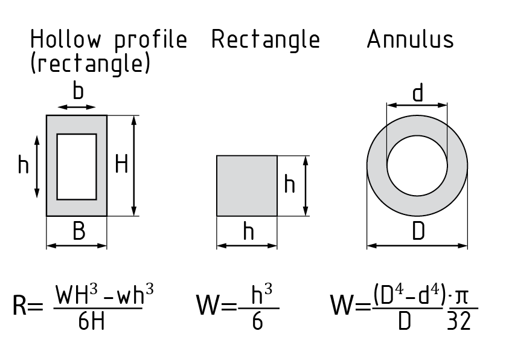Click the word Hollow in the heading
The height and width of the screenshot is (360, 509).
pos(67,40)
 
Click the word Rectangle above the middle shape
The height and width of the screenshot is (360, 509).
pos(265,40)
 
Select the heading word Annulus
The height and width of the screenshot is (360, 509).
pos(410,40)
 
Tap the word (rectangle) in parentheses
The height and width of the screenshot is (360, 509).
pos(90,63)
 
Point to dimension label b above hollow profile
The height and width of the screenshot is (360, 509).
pos(78,92)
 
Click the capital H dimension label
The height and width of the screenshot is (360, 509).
pos(121,164)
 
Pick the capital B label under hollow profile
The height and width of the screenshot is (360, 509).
pos(78,232)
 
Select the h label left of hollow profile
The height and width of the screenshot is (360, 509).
pos(23,164)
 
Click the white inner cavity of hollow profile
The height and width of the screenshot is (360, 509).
pos(77,167)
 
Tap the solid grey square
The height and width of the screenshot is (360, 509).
pos(247,185)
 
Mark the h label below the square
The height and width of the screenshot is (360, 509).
pos(248,231)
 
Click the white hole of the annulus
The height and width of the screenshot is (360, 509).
pos(417,164)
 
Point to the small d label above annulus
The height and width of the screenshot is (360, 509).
pos(417,94)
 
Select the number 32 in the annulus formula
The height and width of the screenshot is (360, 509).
pos(459,322)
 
